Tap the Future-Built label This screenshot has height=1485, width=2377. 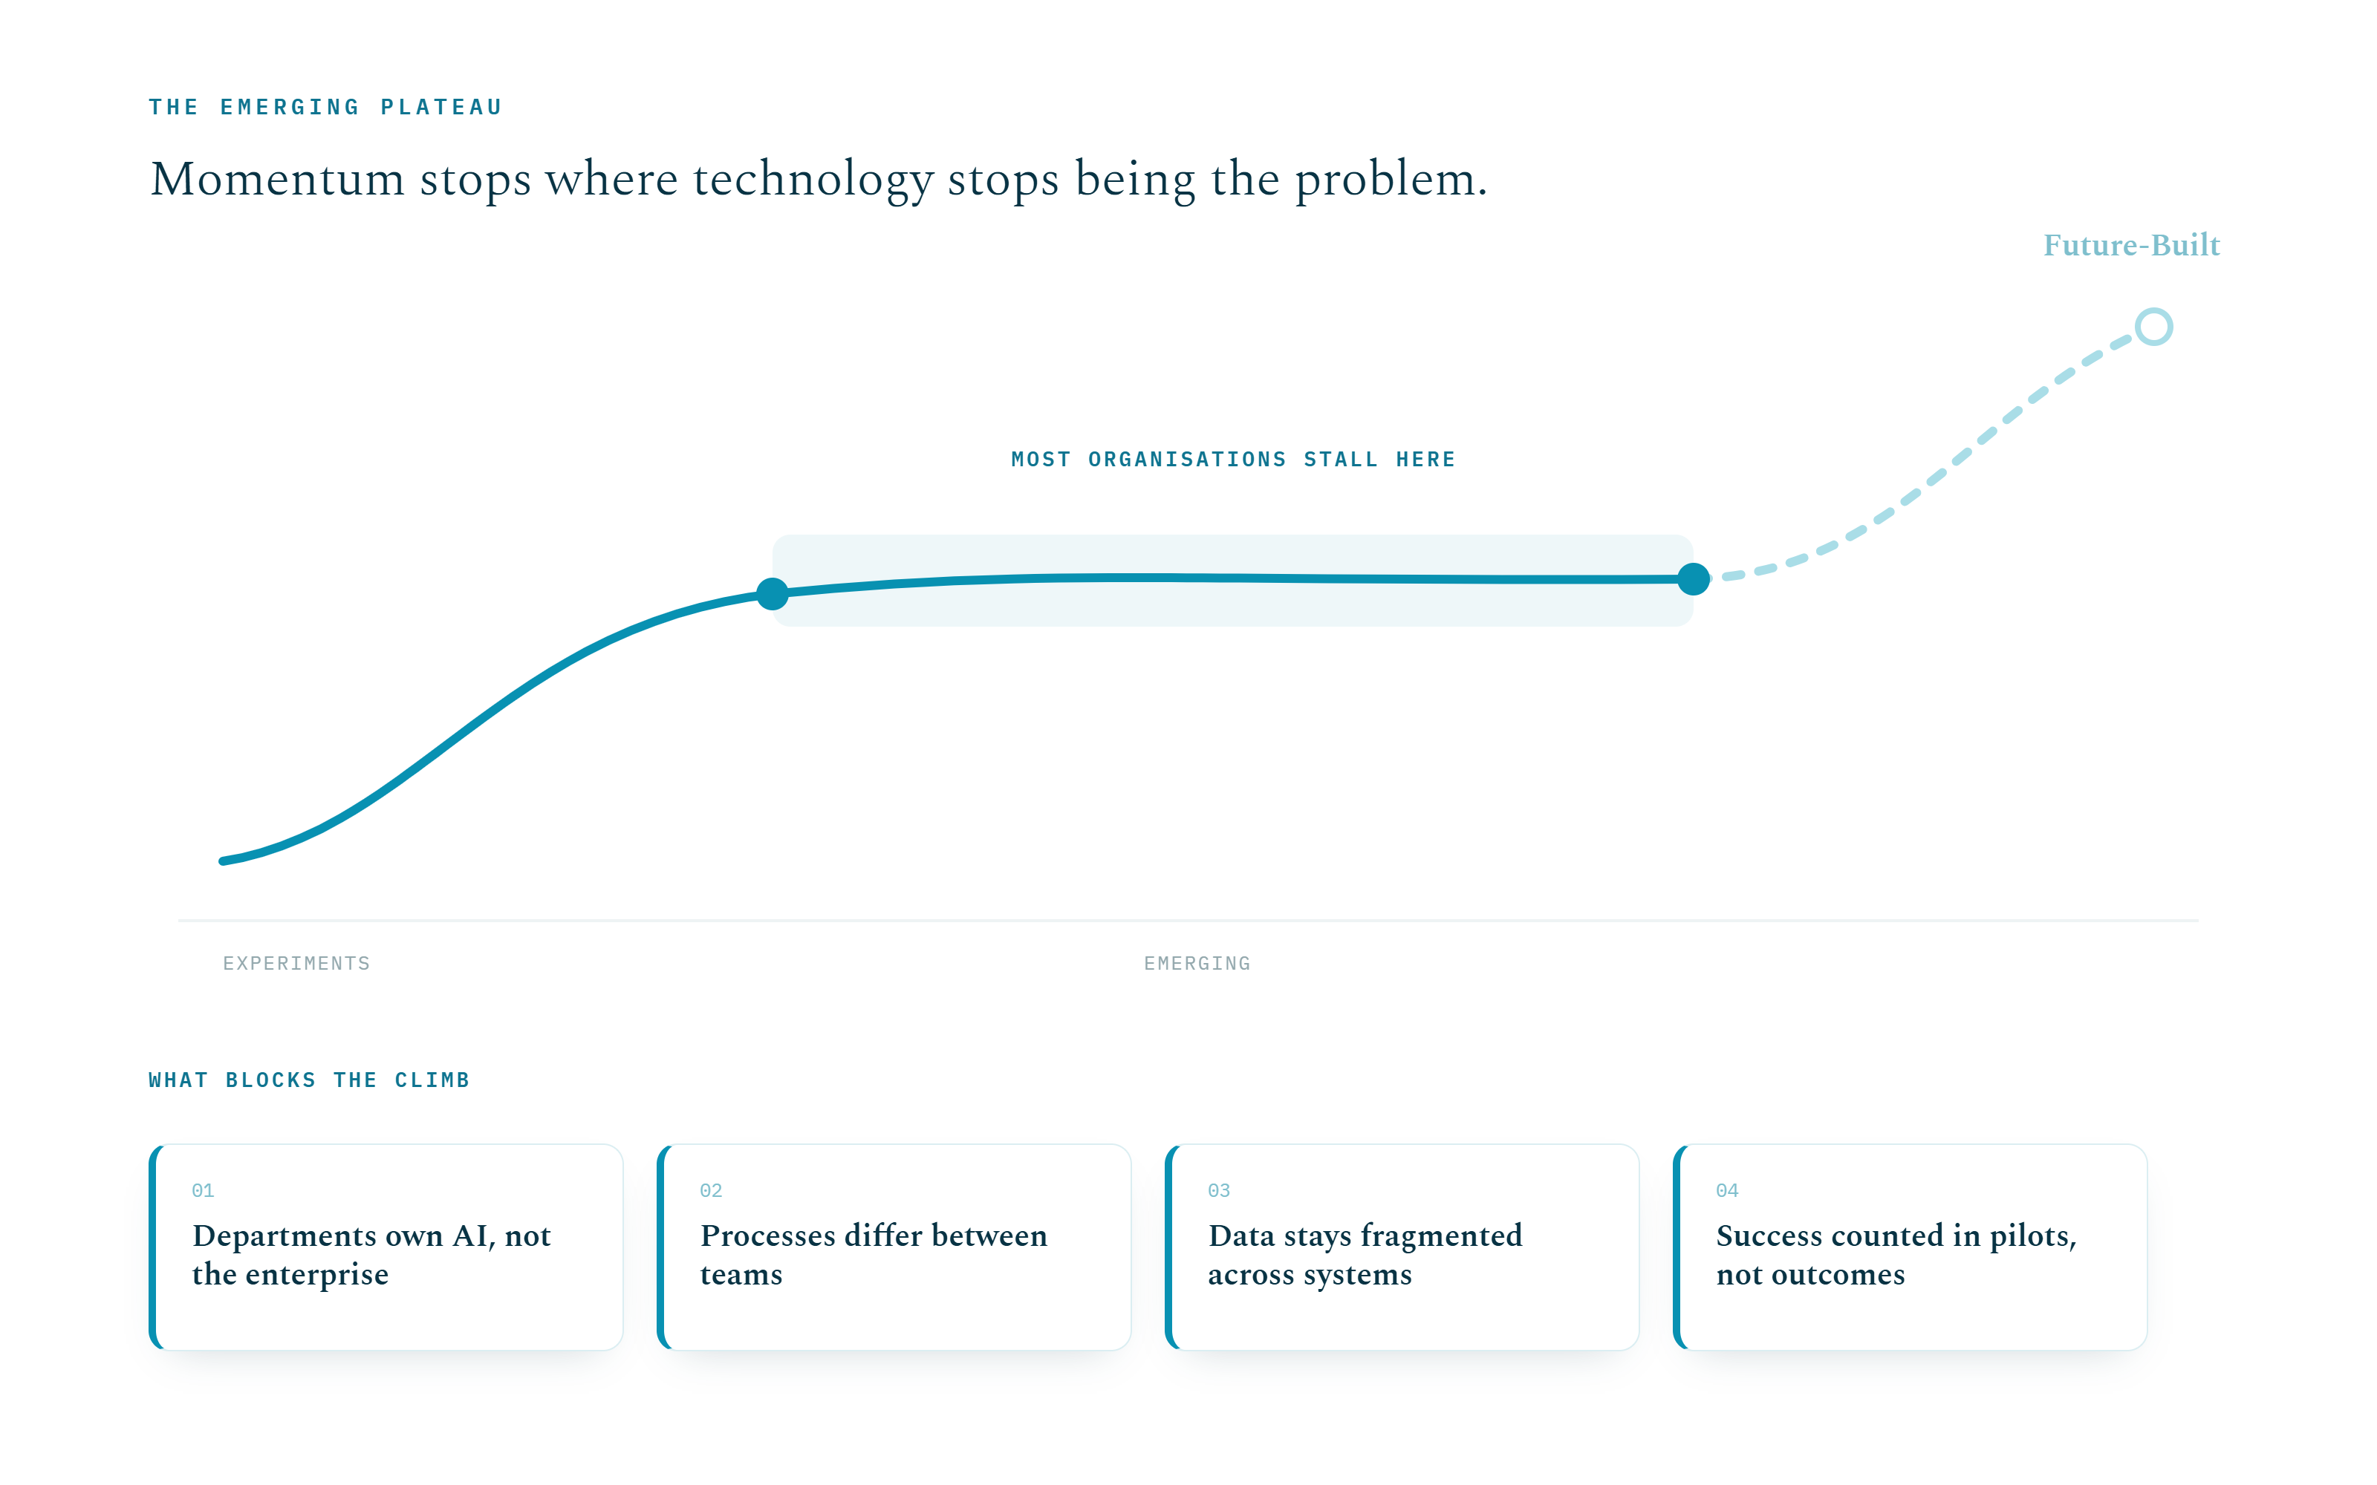2131,244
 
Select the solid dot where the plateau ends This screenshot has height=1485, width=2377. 1694,579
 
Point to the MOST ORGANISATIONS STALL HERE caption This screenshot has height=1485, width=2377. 1234,460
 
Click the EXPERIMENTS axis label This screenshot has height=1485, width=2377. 296,964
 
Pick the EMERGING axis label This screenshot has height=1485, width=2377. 1197,964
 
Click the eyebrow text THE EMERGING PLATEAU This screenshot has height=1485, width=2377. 325,107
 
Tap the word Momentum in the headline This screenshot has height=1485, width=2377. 278,180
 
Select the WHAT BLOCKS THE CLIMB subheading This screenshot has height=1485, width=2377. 310,1080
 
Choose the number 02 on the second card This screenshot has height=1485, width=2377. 711,1190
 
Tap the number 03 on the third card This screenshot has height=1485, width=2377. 1219,1190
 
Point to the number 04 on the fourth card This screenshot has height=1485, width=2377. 1727,1190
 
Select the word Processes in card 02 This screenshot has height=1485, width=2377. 768,1236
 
